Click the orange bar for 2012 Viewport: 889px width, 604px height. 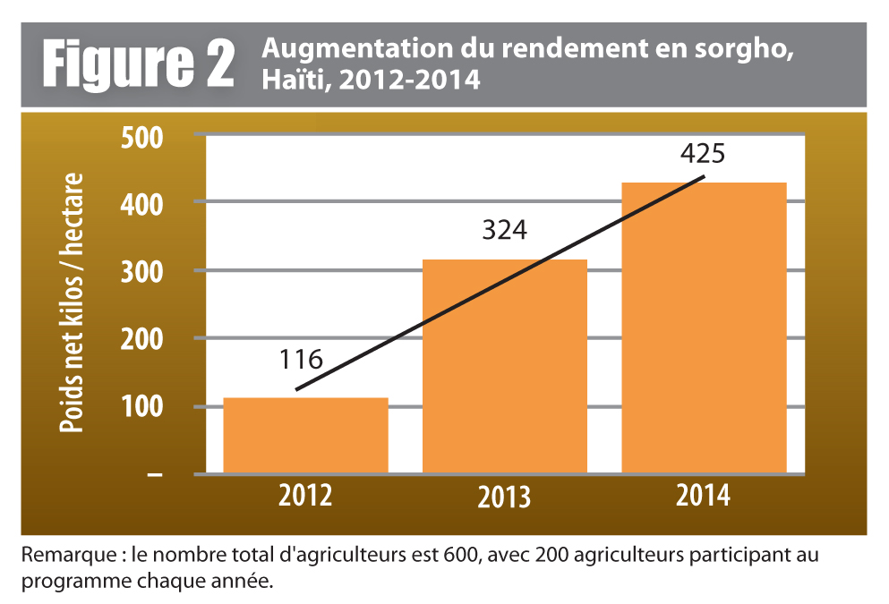[305, 435]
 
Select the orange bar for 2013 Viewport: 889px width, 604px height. [504, 366]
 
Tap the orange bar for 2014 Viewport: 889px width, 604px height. [704, 328]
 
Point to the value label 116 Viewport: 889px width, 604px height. [300, 361]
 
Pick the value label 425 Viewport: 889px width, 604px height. [701, 153]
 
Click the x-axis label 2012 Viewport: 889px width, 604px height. [305, 494]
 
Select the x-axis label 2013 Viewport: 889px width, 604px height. [504, 498]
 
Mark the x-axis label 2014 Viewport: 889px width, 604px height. [704, 494]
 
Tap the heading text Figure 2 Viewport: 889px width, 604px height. [139, 64]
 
